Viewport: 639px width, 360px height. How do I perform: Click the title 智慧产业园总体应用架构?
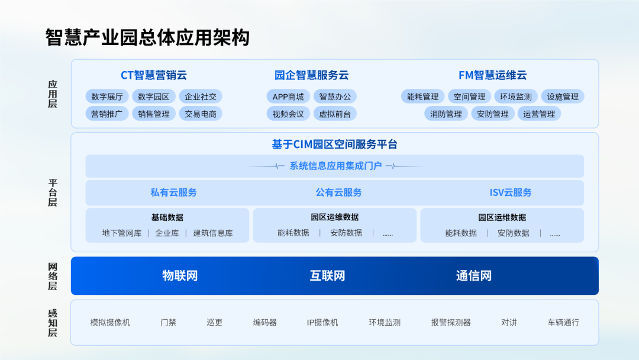[x=147, y=37]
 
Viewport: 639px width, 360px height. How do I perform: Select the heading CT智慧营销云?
[x=154, y=75]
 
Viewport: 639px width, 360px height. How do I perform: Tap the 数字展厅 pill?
[x=107, y=97]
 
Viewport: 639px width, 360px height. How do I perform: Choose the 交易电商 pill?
[x=201, y=114]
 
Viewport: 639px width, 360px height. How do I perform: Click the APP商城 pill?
[x=288, y=97]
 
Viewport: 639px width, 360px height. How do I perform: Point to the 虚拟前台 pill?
[x=335, y=114]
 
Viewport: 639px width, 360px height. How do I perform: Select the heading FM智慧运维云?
[x=493, y=75]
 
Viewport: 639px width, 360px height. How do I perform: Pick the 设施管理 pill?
[x=563, y=97]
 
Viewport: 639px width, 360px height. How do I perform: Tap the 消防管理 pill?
[x=446, y=114]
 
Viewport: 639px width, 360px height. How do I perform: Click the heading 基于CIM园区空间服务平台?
[x=334, y=144]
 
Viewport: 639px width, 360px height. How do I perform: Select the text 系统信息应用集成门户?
[x=335, y=166]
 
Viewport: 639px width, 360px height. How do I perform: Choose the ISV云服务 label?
[x=511, y=192]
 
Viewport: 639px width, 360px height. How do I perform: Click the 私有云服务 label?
[x=173, y=192]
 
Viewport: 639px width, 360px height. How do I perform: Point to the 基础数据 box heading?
[x=167, y=217]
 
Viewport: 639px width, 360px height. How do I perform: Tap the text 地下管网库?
[x=122, y=233]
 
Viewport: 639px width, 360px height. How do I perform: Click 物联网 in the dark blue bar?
[x=180, y=275]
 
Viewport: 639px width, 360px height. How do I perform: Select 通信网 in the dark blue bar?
[x=474, y=275]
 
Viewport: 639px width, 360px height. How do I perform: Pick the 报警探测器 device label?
[x=451, y=323]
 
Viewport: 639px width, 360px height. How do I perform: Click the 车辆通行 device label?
[x=563, y=323]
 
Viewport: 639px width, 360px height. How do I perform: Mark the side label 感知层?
[x=53, y=323]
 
